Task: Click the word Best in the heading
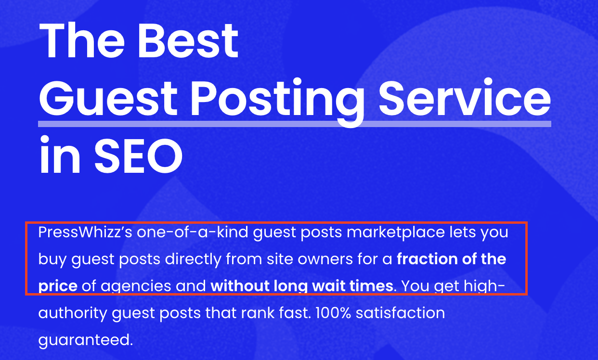point(188,40)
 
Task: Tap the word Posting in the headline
point(276,102)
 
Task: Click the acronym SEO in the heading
point(139,155)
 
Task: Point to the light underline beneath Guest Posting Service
point(295,124)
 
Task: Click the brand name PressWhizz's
point(85,232)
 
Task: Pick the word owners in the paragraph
point(325,259)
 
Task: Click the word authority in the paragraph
point(73,313)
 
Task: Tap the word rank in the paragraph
point(258,313)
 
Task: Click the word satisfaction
point(401,313)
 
